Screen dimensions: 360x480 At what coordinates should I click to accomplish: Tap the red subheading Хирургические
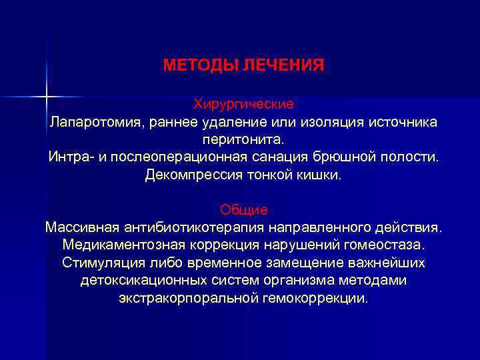point(243,105)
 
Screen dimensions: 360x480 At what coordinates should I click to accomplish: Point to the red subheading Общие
point(243,210)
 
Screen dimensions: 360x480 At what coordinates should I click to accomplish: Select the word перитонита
point(243,140)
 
